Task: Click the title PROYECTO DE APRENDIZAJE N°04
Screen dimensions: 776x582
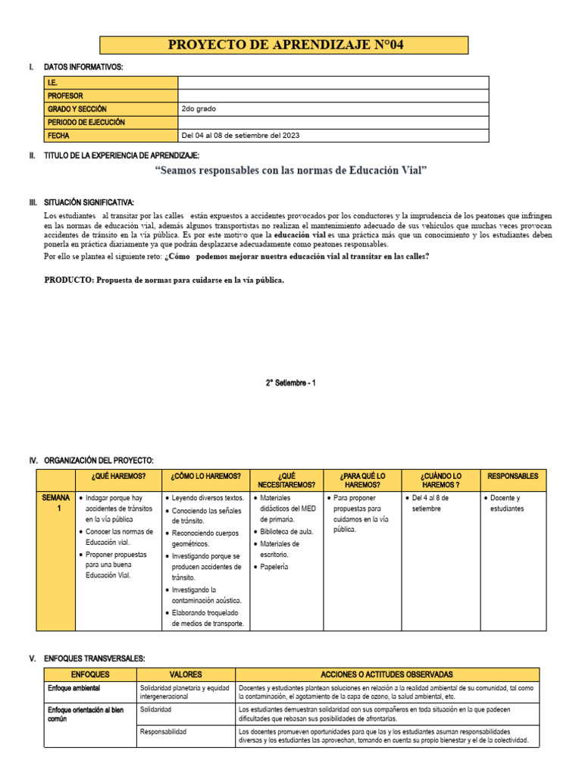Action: click(291, 45)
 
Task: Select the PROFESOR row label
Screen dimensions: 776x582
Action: click(65, 96)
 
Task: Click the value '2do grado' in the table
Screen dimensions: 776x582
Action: click(199, 109)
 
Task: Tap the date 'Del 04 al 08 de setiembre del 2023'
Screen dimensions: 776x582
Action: click(240, 136)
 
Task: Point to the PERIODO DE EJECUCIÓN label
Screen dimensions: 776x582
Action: click(86, 122)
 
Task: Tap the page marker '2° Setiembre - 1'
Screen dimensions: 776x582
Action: click(291, 383)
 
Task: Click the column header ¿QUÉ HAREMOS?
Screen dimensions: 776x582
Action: click(118, 477)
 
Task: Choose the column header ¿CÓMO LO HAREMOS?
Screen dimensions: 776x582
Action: click(206, 477)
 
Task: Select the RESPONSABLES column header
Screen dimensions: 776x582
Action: click(512, 477)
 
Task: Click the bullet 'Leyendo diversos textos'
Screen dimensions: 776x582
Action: click(208, 498)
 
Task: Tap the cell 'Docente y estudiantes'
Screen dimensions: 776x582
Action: click(508, 503)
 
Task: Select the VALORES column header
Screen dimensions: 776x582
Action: click(186, 674)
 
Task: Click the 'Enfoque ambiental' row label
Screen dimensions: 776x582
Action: click(74, 688)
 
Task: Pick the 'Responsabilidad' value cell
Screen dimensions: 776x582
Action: click(164, 732)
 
